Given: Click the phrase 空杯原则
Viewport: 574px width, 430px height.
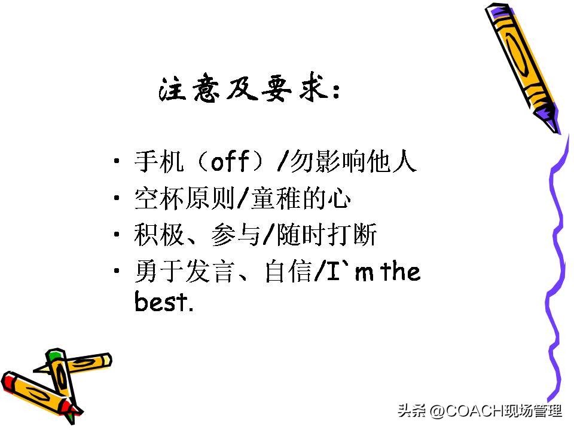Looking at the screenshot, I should (x=182, y=199).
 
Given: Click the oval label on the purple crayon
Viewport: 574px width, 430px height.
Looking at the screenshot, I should (x=519, y=57).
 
